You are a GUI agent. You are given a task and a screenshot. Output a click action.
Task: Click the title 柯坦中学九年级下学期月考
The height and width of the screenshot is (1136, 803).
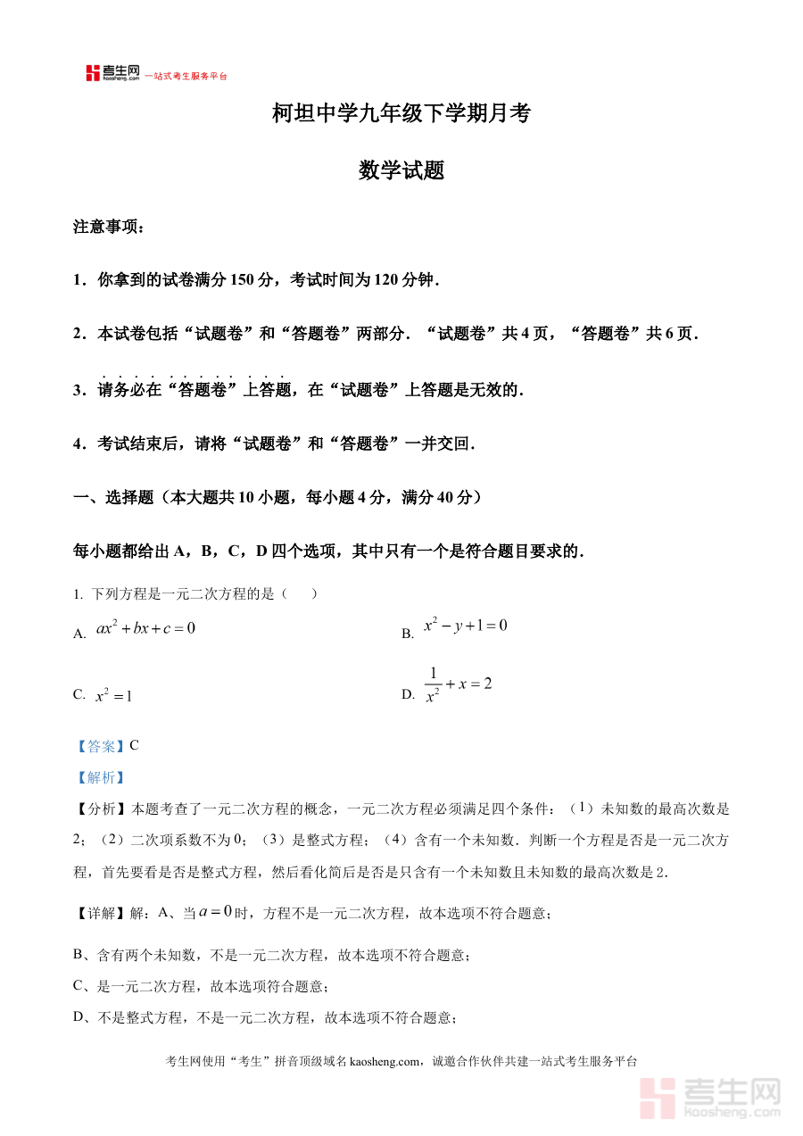401,113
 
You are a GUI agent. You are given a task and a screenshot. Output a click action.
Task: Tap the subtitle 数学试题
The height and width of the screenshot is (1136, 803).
401,170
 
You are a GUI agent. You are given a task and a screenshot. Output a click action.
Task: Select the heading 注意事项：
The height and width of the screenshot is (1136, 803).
108,228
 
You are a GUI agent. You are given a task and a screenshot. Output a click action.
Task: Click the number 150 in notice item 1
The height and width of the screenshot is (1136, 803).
243,280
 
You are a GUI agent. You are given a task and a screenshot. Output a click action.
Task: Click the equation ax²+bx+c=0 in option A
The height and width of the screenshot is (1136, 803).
145,628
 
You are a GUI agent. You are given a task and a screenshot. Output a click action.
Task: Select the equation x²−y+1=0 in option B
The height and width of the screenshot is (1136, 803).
465,626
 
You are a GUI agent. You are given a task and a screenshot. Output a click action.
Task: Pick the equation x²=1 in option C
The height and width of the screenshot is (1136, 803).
114,695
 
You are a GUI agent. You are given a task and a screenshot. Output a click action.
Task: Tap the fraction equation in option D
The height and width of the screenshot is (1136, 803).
458,684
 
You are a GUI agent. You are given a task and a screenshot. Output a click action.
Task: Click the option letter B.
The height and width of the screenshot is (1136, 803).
408,634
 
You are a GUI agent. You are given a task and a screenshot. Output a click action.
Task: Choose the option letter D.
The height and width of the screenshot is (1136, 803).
408,694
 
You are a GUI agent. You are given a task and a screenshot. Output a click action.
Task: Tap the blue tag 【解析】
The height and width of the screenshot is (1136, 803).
100,777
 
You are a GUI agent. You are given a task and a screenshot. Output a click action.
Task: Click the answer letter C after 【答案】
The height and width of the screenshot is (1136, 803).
135,746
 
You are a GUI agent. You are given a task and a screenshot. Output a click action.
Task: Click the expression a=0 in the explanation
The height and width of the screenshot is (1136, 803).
215,912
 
